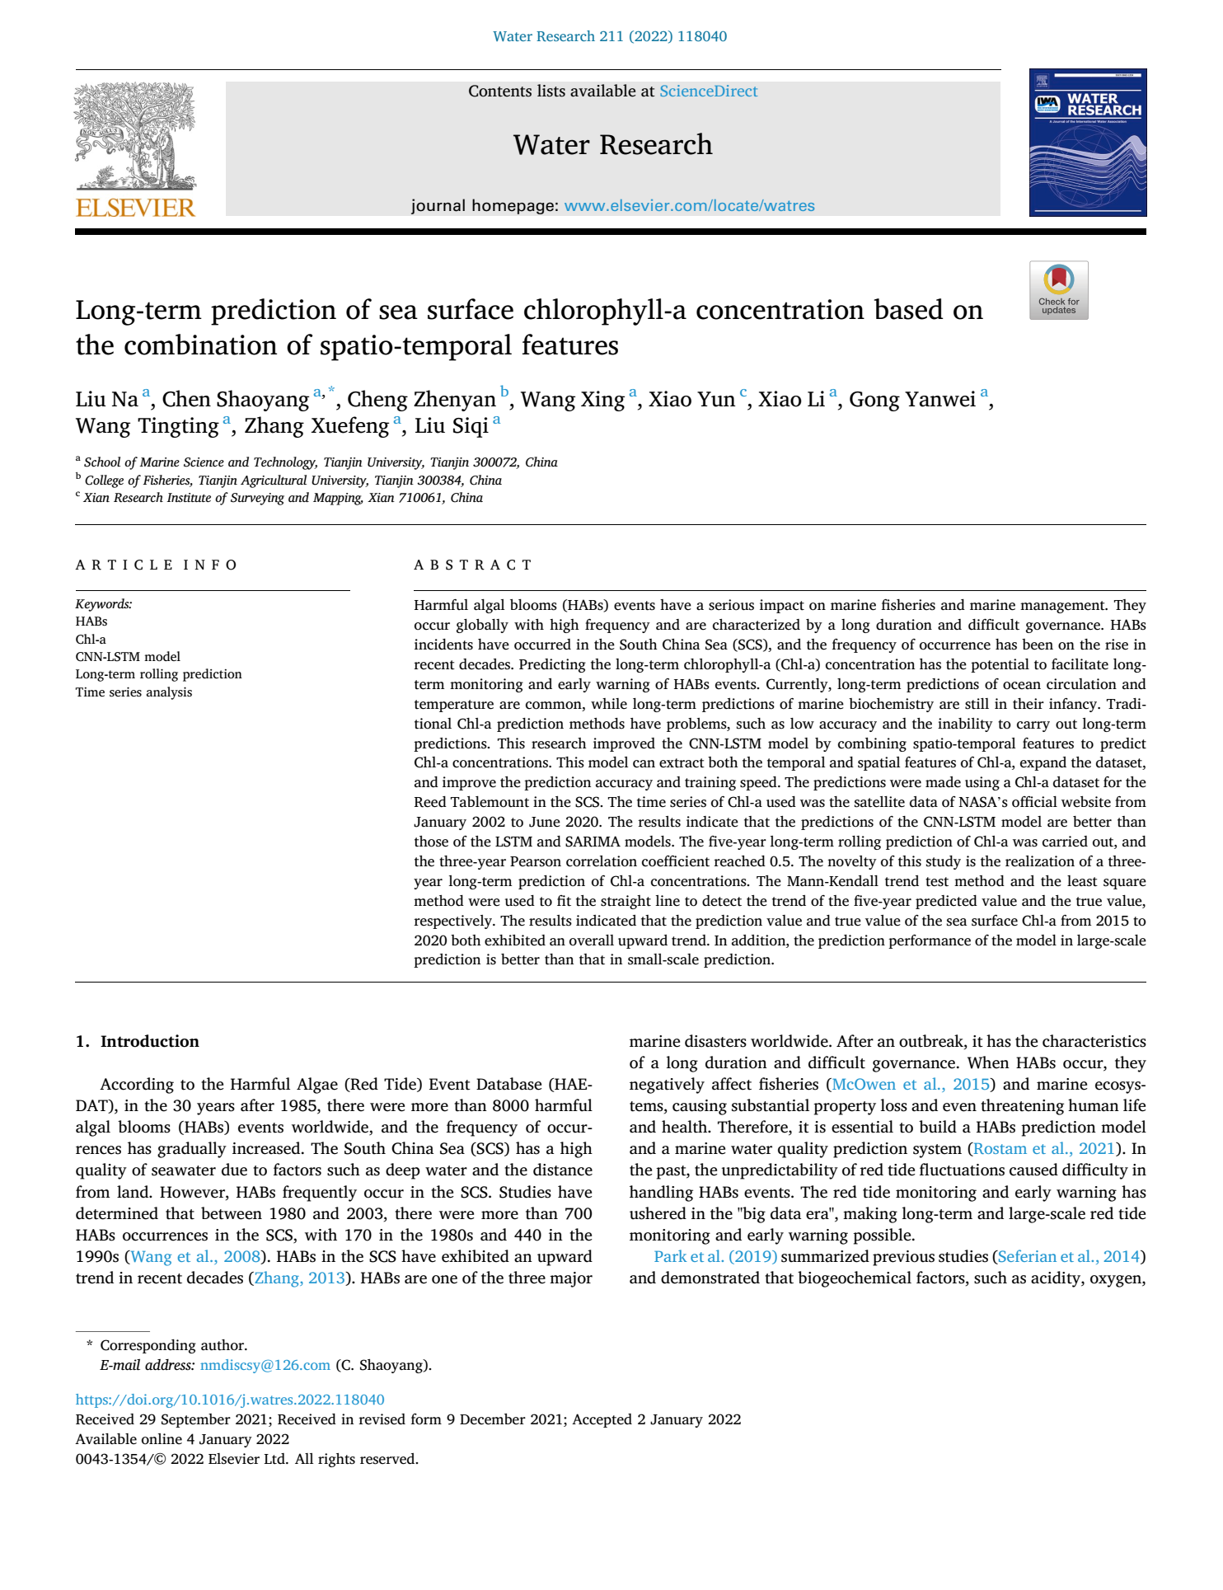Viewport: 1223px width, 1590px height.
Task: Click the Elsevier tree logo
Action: click(135, 136)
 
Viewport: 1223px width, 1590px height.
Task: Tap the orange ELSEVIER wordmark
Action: click(135, 208)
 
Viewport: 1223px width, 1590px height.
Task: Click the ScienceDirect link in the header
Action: click(708, 91)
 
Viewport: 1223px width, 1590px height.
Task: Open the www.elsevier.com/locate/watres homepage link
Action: click(689, 206)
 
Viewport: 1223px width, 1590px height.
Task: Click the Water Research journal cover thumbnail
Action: click(1087, 143)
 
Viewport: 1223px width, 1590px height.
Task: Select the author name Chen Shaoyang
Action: click(235, 400)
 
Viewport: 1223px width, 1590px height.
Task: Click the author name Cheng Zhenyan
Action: click(421, 400)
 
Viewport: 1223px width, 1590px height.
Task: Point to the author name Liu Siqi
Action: click(451, 426)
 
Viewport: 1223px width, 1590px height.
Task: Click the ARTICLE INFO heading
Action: click(157, 565)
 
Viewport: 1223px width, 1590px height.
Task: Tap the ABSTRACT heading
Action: click(473, 565)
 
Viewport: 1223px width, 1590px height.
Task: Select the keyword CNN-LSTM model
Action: click(128, 657)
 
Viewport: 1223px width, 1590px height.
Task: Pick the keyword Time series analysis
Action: click(134, 692)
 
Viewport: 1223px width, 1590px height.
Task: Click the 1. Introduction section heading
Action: click(137, 1042)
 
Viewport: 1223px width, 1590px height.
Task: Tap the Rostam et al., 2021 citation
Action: click(1044, 1149)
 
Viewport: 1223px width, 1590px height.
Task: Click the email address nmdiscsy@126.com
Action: click(265, 1366)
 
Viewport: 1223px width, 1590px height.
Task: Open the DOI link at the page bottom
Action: click(230, 1400)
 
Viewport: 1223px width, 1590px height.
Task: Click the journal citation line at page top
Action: click(610, 37)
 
